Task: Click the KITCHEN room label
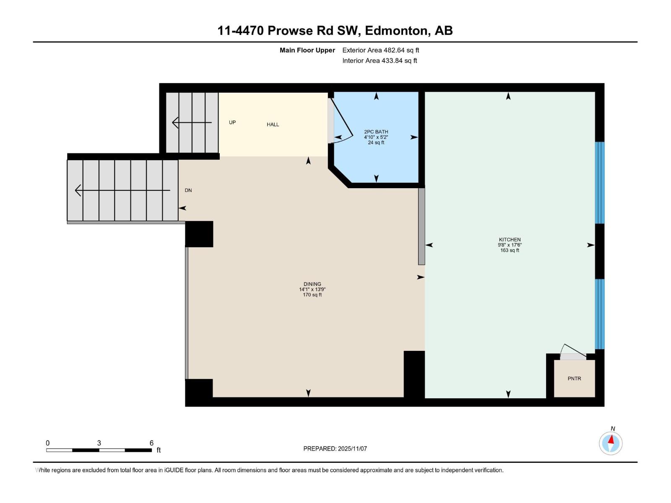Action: (510, 240)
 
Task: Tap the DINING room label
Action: (312, 284)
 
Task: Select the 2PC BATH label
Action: (376, 132)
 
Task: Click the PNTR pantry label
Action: (574, 379)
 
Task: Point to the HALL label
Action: (273, 124)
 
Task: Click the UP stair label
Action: (232, 122)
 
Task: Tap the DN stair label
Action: (188, 190)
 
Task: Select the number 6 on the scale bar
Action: (151, 443)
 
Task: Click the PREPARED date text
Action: (335, 449)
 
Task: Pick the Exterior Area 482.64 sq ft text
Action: (380, 50)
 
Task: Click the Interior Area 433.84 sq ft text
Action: (380, 61)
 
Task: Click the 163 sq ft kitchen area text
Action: (510, 250)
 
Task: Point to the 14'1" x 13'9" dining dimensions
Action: (312, 289)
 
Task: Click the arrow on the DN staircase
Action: (122, 190)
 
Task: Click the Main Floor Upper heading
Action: (307, 50)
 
